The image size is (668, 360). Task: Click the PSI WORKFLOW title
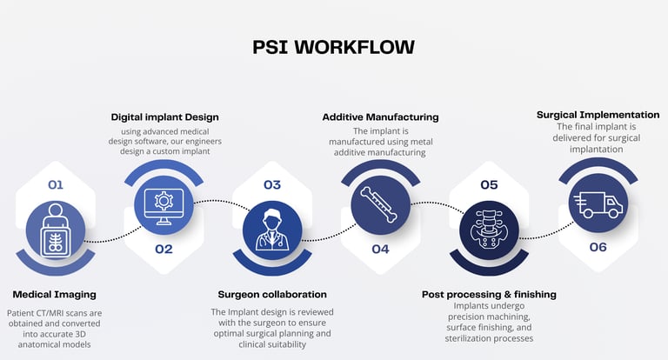pyautogui.click(x=334, y=46)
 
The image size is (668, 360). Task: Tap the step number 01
pyautogui.click(x=56, y=184)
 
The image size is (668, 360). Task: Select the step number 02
pyautogui.click(x=164, y=249)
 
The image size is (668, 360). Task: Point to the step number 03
pyautogui.click(x=272, y=184)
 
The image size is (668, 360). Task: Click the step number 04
pyautogui.click(x=380, y=249)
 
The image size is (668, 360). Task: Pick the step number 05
pyautogui.click(x=489, y=184)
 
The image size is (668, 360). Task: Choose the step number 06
pyautogui.click(x=597, y=247)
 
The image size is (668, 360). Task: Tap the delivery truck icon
pyautogui.click(x=597, y=205)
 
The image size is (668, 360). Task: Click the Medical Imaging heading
pyautogui.click(x=54, y=294)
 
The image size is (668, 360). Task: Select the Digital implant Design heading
pyautogui.click(x=164, y=117)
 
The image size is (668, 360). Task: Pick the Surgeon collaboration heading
pyautogui.click(x=272, y=294)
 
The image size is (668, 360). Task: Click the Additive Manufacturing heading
pyautogui.click(x=380, y=117)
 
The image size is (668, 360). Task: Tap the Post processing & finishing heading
pyautogui.click(x=489, y=294)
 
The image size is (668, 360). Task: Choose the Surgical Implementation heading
pyautogui.click(x=598, y=114)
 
